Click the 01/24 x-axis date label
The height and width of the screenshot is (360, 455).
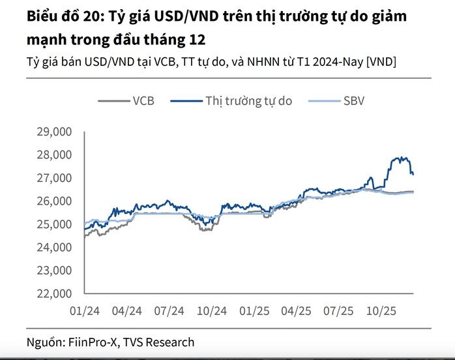point(85,310)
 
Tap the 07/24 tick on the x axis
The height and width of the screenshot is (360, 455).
point(169,310)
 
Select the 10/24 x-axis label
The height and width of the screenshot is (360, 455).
point(211,310)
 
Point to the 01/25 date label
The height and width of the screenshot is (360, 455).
point(254,310)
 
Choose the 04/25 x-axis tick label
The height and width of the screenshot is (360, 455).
point(296,310)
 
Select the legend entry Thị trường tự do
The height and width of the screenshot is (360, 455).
point(248,100)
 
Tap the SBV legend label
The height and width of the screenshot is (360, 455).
point(355,100)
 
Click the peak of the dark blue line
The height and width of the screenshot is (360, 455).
point(400,157)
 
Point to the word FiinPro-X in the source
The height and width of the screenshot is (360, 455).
point(92,342)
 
